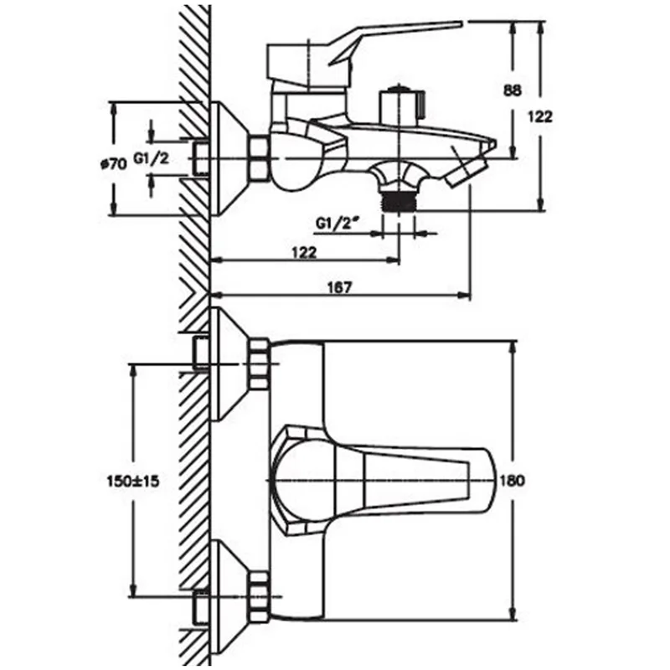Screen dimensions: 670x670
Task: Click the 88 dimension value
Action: pos(513,90)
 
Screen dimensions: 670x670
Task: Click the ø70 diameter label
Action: pos(113,163)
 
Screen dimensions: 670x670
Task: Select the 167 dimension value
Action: pos(340,287)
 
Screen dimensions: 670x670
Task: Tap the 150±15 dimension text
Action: pos(133,481)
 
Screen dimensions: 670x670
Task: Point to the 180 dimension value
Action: pos(512,481)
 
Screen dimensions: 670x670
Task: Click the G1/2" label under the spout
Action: pos(337,223)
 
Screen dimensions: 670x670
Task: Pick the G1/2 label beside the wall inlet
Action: pos(152,159)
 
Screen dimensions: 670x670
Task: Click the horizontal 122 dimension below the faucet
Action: pos(304,253)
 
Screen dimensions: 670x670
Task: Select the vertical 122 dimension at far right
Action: pos(540,116)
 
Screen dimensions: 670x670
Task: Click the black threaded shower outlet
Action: pos(399,200)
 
